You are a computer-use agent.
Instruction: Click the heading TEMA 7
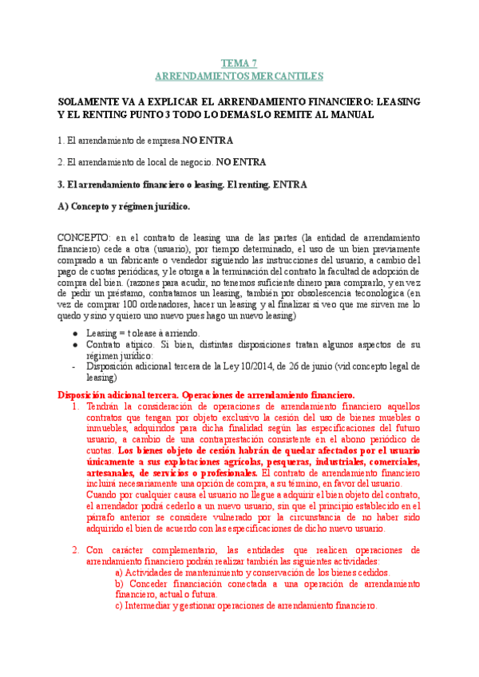click(239, 63)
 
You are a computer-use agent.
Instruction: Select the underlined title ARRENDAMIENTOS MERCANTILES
click(239, 76)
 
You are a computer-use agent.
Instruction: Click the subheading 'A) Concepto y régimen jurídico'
click(125, 206)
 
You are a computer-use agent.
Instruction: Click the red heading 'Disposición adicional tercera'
click(118, 395)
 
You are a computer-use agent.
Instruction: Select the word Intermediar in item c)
click(153, 605)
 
